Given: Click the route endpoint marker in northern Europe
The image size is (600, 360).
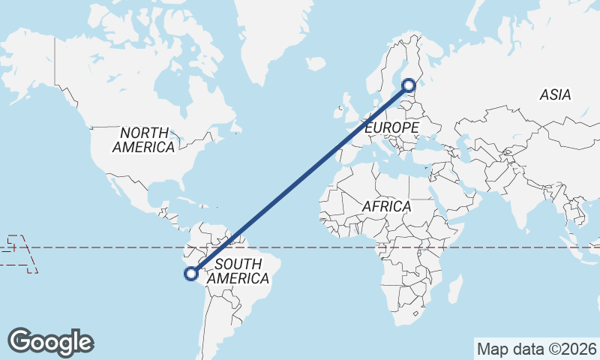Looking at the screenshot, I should point(409,85).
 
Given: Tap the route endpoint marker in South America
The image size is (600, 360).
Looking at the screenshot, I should point(191,274).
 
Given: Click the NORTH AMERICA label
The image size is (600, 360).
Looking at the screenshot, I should point(143,139).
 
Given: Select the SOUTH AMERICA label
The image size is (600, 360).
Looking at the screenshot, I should point(237,271).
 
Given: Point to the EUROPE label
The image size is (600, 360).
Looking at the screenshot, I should point(391,128).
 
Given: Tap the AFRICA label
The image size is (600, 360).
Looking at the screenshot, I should point(386,205).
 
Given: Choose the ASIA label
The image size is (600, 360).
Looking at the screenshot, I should point(555,95).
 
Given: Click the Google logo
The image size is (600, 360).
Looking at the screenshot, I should point(50,342).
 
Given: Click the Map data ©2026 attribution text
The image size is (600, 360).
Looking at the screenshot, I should point(537,349).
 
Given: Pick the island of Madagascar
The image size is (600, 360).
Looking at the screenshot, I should point(453,289).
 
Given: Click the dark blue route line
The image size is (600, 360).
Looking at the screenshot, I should point(300,180).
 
